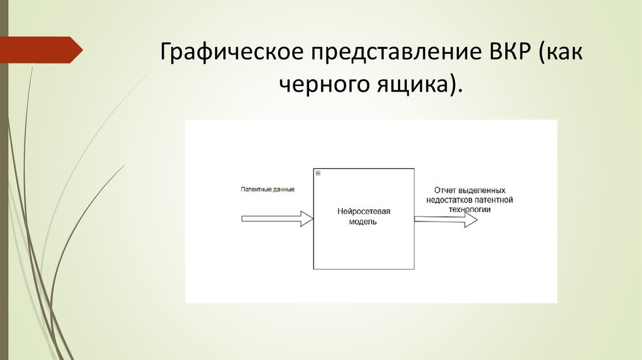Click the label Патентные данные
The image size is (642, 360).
[268, 189]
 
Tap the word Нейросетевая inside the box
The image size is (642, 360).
[363, 211]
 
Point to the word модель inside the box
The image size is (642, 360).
[363, 222]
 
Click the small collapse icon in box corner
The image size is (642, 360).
[318, 172]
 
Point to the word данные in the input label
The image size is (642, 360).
[282, 189]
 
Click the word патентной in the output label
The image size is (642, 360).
[494, 200]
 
